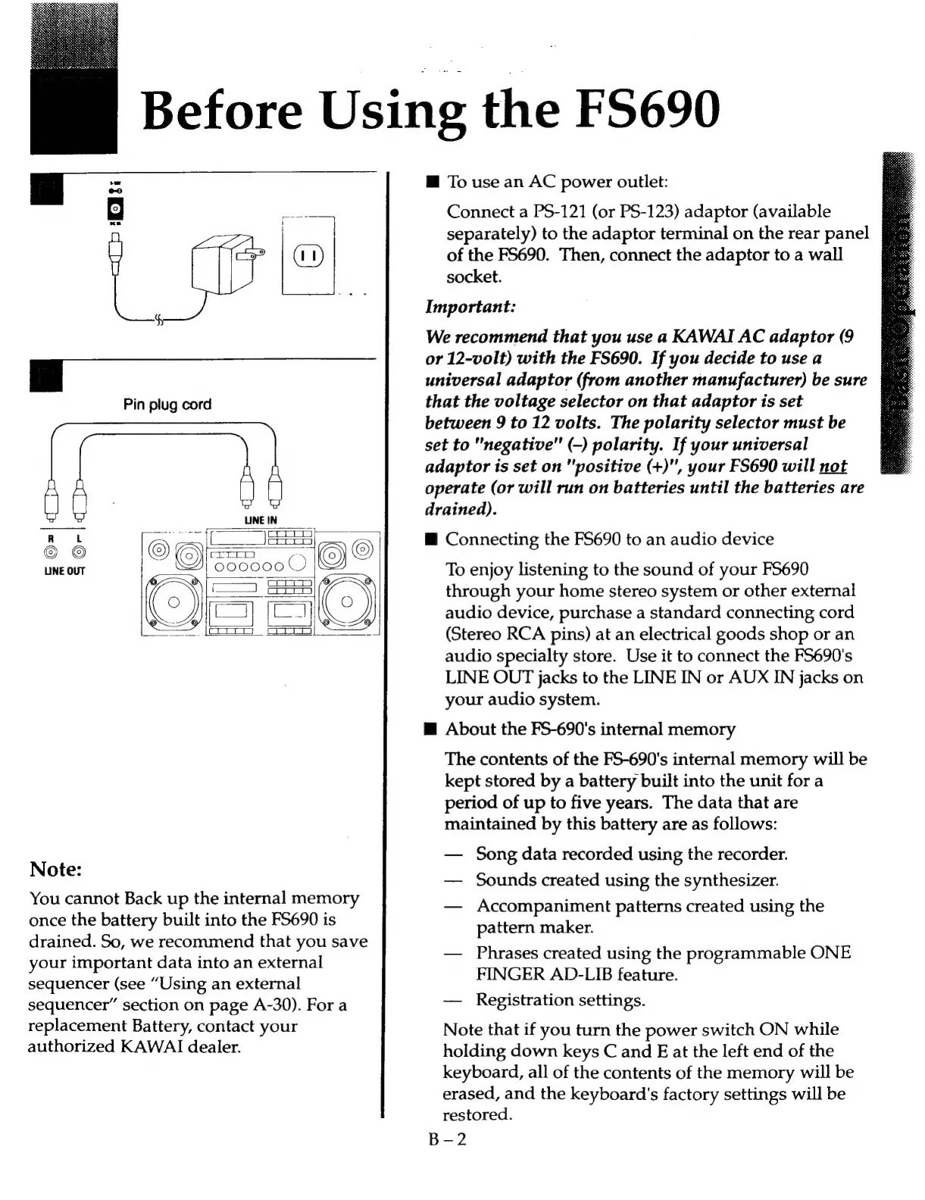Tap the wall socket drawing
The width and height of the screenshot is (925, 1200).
(x=308, y=255)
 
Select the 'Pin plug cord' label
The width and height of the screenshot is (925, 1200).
(x=167, y=405)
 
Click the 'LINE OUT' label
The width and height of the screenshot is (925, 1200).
(x=65, y=570)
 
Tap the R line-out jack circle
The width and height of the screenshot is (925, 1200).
(x=52, y=552)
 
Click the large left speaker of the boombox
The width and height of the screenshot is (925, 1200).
(x=173, y=602)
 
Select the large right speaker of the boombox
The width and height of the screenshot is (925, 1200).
(x=347, y=602)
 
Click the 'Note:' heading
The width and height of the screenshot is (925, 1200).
(x=55, y=869)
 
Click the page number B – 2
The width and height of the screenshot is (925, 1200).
(x=447, y=1139)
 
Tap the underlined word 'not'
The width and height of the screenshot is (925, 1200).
(x=833, y=467)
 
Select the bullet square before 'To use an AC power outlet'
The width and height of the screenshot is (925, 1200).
(x=432, y=183)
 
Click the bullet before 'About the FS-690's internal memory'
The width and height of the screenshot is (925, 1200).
(x=430, y=730)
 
